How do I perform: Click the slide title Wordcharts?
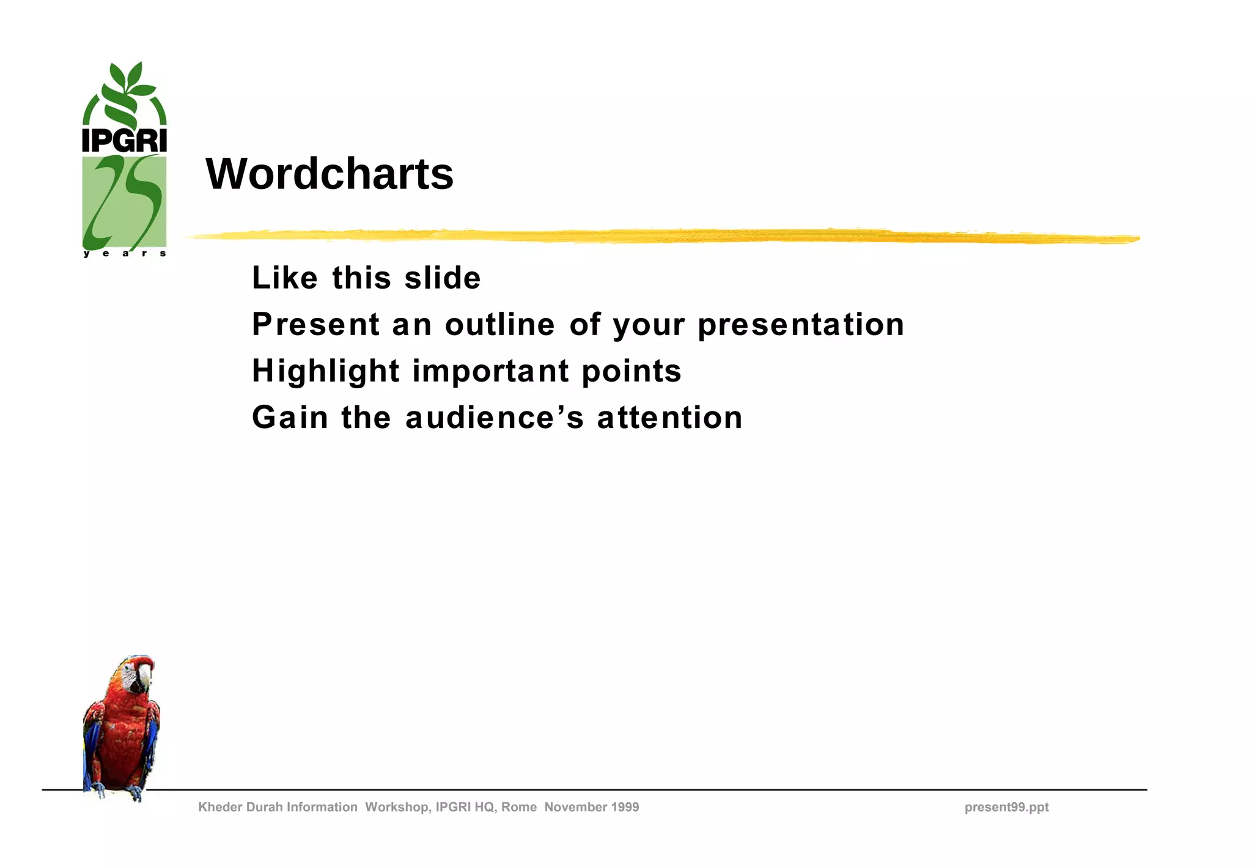(x=330, y=174)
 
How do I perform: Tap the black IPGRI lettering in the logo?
(x=124, y=140)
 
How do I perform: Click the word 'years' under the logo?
(x=124, y=253)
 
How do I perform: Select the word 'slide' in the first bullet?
(x=443, y=278)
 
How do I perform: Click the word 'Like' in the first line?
(x=285, y=278)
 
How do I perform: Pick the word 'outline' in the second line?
(x=500, y=325)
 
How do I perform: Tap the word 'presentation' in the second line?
(x=801, y=325)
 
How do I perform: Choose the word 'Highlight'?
(x=326, y=371)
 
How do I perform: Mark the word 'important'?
(x=491, y=371)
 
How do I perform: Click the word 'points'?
(x=632, y=371)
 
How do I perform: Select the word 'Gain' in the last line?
(x=290, y=418)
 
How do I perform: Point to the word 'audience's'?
(x=495, y=418)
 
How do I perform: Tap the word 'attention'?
(x=669, y=418)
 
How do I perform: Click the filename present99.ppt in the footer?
(x=1006, y=807)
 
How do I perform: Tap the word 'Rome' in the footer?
(x=518, y=807)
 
